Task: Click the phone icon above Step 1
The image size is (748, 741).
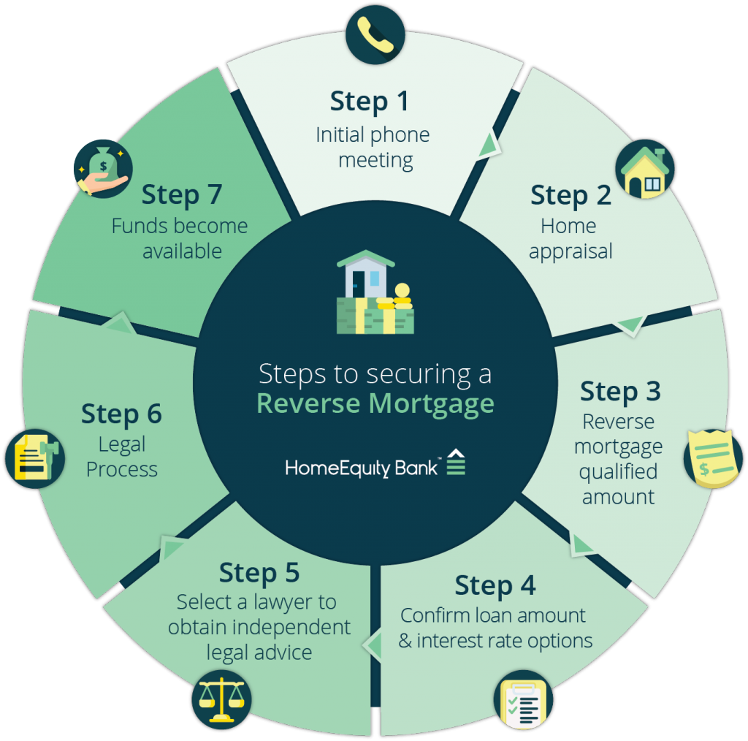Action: point(375,34)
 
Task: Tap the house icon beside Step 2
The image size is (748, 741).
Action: point(645,169)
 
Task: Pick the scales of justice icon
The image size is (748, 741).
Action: point(221,699)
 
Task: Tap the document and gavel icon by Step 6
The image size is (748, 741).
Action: point(35,458)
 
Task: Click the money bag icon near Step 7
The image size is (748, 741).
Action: point(103,169)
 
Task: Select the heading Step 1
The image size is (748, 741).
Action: point(369,102)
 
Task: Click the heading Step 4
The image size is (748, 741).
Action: point(495,585)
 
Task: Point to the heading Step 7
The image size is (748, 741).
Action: point(182,195)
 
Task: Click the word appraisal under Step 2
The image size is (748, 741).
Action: point(570,252)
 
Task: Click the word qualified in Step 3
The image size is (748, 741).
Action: point(618,472)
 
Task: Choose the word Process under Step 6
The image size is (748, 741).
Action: point(122,469)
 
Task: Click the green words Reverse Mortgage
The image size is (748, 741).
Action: point(375,404)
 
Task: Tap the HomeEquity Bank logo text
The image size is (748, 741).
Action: point(362,468)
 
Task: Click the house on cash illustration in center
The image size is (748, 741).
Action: point(375,292)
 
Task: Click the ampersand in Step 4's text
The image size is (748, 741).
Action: point(405,641)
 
